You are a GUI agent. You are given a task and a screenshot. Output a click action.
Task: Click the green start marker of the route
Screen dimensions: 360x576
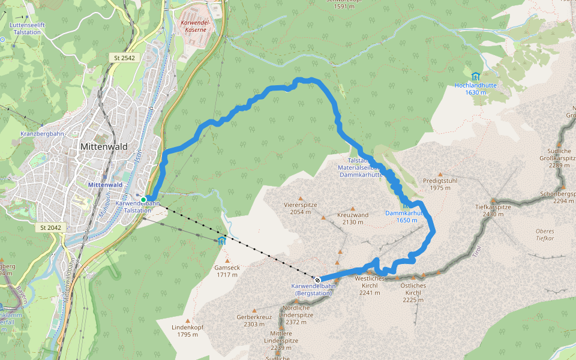143,199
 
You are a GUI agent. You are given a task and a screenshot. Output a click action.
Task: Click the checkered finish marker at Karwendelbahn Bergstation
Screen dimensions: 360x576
317,279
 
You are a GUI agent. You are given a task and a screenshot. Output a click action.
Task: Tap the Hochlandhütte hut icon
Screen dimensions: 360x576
475,76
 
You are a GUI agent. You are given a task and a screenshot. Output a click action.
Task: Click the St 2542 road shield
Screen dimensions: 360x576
124,58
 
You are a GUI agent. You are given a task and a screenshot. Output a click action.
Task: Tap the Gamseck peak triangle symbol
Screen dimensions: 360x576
227,260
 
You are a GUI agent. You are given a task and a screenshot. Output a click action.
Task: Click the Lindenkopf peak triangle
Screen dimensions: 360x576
187,320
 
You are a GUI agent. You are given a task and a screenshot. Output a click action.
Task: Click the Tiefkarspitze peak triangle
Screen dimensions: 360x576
493,200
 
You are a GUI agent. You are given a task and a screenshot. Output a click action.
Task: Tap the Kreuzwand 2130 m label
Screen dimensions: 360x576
353,218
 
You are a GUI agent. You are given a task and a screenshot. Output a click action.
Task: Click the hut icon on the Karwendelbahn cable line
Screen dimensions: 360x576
222,241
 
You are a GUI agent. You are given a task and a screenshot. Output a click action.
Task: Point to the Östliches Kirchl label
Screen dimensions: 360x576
413,289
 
